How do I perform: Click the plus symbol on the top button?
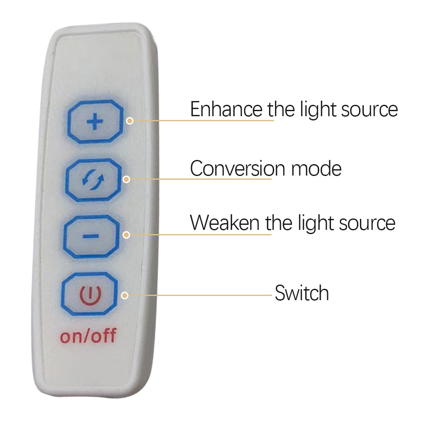95,122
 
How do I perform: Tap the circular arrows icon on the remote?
93,179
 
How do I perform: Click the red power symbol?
90,295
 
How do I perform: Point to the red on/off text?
88,336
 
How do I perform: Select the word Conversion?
237,169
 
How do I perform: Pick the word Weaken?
224,223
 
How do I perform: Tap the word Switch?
302,293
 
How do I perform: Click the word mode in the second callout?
316,169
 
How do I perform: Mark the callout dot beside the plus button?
130,121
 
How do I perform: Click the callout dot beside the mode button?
126,179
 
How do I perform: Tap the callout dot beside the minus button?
126,235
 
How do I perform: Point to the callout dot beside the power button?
125,296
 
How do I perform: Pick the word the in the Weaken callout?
278,223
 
